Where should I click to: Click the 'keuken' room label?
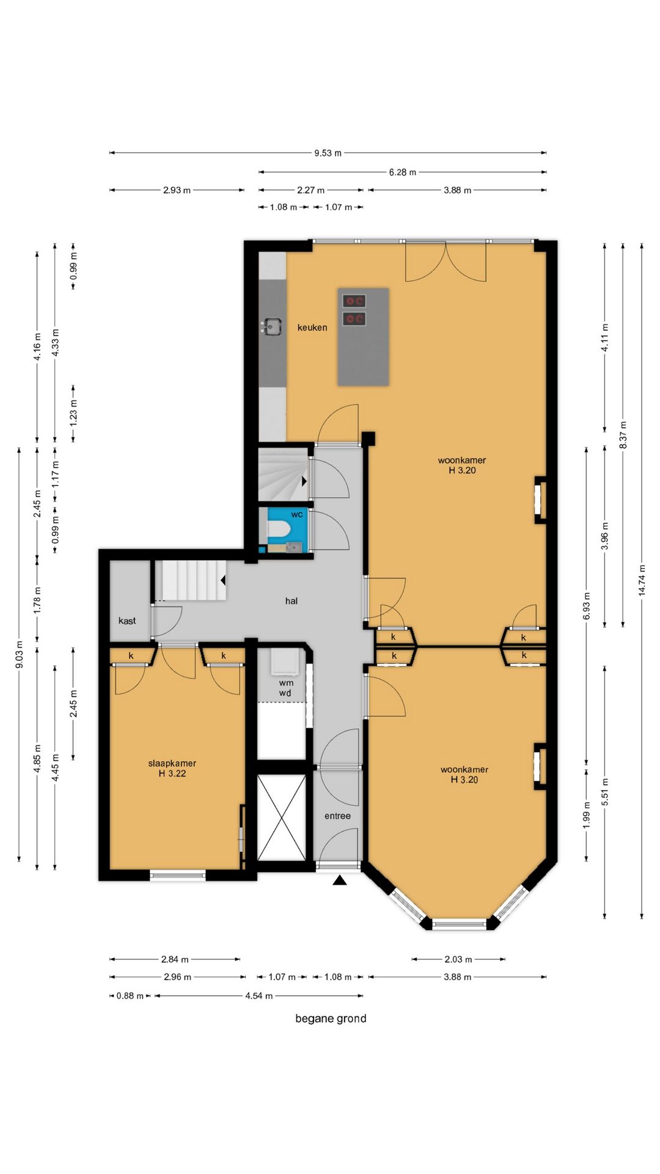click(312, 328)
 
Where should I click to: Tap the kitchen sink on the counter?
click(272, 327)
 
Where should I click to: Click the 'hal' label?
click(291, 601)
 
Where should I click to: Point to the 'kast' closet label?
click(127, 621)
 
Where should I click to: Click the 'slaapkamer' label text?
click(172, 763)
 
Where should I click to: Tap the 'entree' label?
click(338, 816)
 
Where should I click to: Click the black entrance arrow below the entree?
click(340, 880)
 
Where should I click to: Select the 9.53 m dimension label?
click(328, 153)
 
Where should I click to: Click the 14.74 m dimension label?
click(642, 580)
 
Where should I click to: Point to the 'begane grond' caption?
click(331, 1019)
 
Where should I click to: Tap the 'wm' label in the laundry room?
click(286, 683)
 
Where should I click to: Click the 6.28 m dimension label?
click(403, 172)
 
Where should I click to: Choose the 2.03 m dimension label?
click(458, 959)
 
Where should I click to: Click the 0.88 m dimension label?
click(130, 996)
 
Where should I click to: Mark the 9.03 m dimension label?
click(19, 654)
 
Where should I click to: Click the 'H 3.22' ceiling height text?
click(172, 773)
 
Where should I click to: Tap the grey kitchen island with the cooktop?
click(363, 337)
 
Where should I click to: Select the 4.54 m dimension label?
click(259, 996)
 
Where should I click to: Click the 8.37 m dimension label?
click(623, 435)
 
